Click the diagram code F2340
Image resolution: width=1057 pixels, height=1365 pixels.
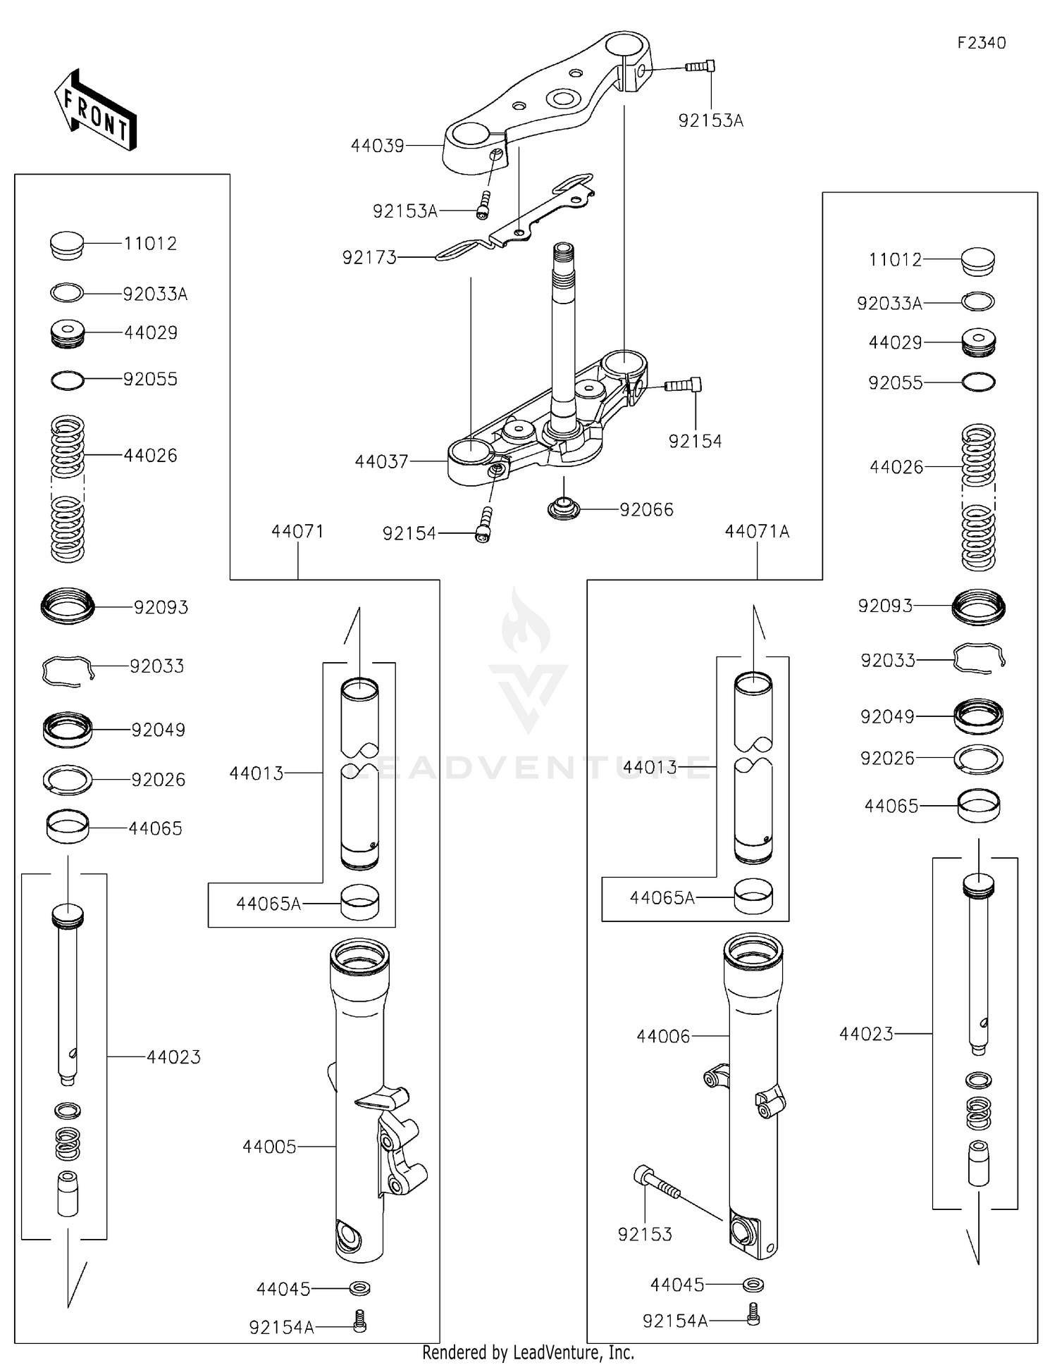point(981,43)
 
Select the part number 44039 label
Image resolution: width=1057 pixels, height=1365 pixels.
point(378,147)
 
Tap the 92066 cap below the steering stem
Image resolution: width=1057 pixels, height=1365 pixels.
point(564,508)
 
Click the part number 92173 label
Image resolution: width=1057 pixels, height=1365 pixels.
point(369,258)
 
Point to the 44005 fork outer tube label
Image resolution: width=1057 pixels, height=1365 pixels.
point(269,1147)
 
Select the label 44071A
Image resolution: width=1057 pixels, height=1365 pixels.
point(757,532)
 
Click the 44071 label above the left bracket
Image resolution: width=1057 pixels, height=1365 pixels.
point(297,532)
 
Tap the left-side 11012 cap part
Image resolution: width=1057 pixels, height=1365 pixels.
point(67,246)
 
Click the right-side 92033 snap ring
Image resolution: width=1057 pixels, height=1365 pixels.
point(978,659)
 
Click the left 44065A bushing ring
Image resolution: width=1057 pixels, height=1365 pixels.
point(359,902)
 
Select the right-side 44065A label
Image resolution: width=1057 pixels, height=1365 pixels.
point(662,898)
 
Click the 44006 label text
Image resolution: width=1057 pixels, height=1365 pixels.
point(663,1037)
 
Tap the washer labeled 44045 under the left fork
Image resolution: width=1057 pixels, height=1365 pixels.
point(360,1288)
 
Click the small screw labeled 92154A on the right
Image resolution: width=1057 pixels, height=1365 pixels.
point(753,1314)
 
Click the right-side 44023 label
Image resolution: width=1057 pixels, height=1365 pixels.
point(865,1035)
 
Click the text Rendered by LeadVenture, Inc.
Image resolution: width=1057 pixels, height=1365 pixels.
point(528,1352)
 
